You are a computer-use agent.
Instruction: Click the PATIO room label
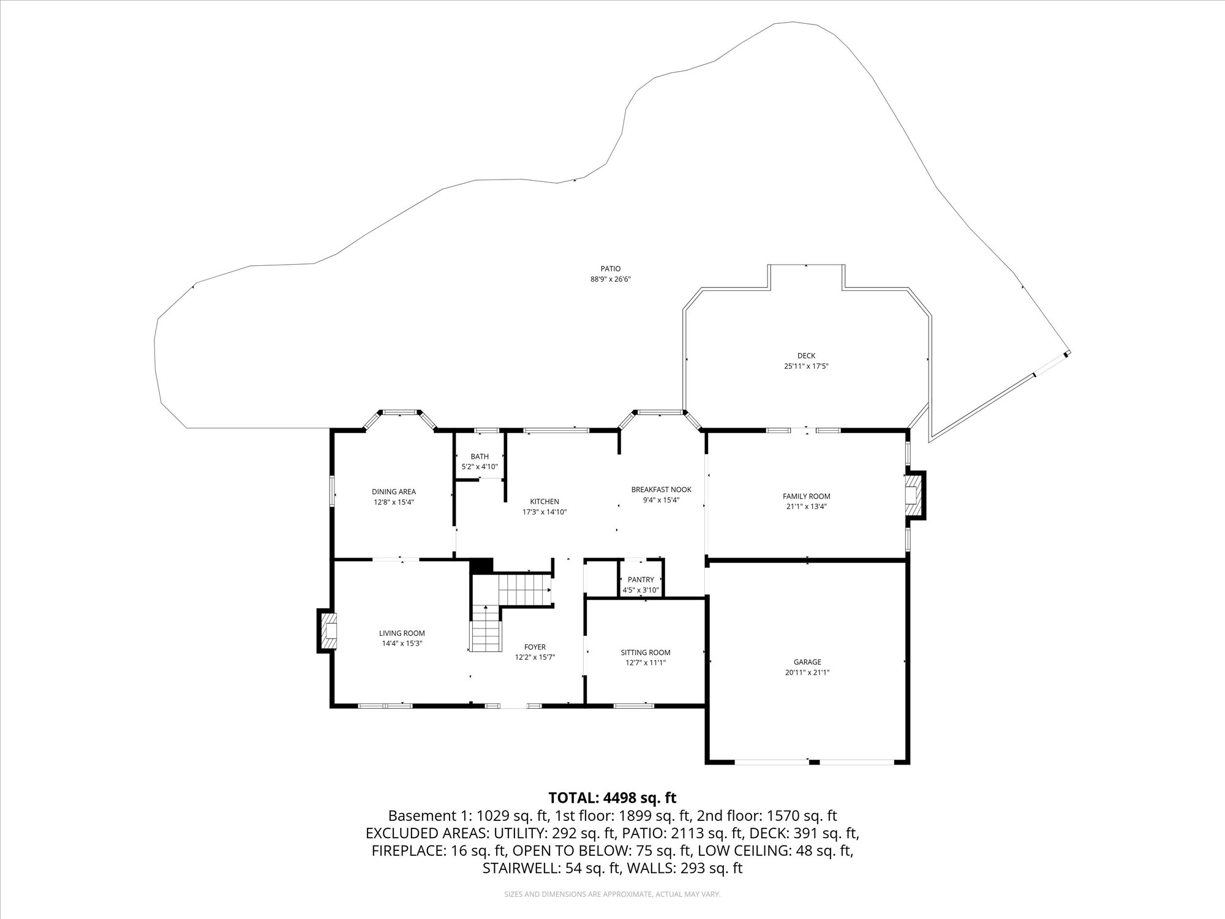pyautogui.click(x=610, y=268)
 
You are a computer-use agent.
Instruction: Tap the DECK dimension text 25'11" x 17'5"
pyautogui.click(x=806, y=366)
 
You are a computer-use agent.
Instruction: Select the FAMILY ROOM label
pyautogui.click(x=806, y=496)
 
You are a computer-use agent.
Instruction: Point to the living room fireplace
pyautogui.click(x=327, y=631)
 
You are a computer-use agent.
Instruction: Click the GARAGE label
pyautogui.click(x=807, y=662)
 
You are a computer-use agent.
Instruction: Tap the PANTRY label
pyautogui.click(x=641, y=580)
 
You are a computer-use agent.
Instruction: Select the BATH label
pyautogui.click(x=480, y=456)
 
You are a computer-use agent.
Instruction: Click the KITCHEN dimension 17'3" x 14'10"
pyautogui.click(x=545, y=512)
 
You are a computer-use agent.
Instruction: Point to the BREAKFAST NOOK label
pyautogui.click(x=661, y=490)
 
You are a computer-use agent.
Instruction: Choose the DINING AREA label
pyautogui.click(x=394, y=491)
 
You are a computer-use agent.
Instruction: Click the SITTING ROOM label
pyautogui.click(x=646, y=652)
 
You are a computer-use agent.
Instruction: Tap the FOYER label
pyautogui.click(x=535, y=647)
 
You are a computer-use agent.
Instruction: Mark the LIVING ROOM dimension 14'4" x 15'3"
pyautogui.click(x=402, y=643)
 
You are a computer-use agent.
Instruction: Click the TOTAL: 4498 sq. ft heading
pyautogui.click(x=612, y=798)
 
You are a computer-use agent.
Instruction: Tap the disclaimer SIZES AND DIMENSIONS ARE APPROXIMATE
pyautogui.click(x=612, y=894)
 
